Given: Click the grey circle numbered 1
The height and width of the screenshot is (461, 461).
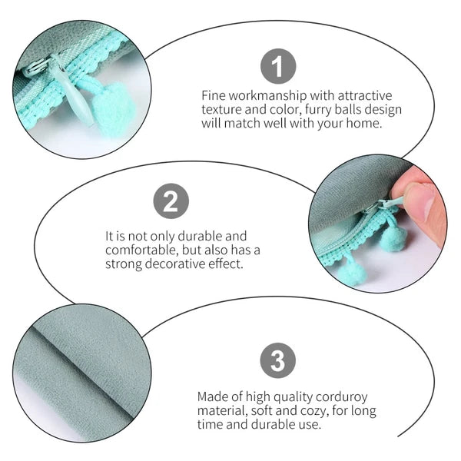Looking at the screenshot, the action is point(278,66).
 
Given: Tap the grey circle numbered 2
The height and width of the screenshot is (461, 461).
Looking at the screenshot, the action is point(171,201).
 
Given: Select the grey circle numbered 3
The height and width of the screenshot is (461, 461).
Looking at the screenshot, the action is point(278,360).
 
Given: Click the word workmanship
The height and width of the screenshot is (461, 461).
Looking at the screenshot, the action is point(267,96).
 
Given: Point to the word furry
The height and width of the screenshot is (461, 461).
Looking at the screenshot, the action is point(318,110).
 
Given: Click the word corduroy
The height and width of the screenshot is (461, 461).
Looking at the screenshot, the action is point(341,397).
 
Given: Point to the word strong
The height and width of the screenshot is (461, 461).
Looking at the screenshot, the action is point(124,264).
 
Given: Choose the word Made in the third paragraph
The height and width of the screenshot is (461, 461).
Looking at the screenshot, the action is point(212,397).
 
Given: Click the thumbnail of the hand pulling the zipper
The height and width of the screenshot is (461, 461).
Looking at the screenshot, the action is point(378,224).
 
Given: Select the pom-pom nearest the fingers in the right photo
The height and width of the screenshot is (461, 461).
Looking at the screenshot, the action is point(393,237).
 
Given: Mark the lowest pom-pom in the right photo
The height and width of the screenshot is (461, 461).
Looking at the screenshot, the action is point(353,273).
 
